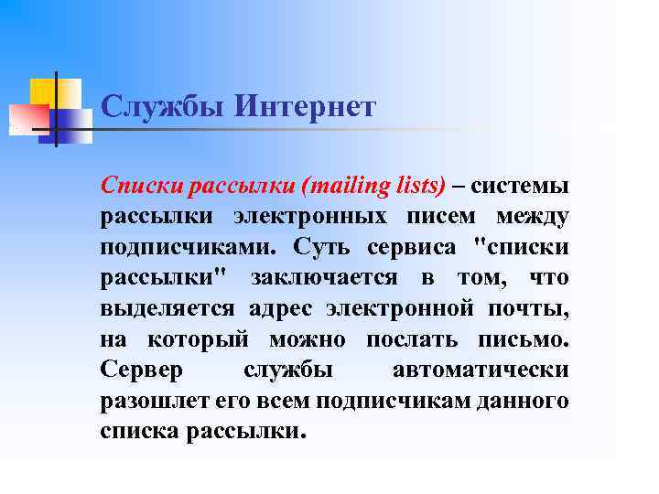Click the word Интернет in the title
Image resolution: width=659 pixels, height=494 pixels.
[305, 107]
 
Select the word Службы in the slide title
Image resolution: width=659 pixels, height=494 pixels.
[162, 107]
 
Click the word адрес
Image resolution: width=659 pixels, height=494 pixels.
[282, 308]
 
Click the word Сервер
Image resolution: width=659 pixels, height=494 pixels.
[142, 370]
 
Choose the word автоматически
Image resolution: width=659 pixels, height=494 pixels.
[480, 370]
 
